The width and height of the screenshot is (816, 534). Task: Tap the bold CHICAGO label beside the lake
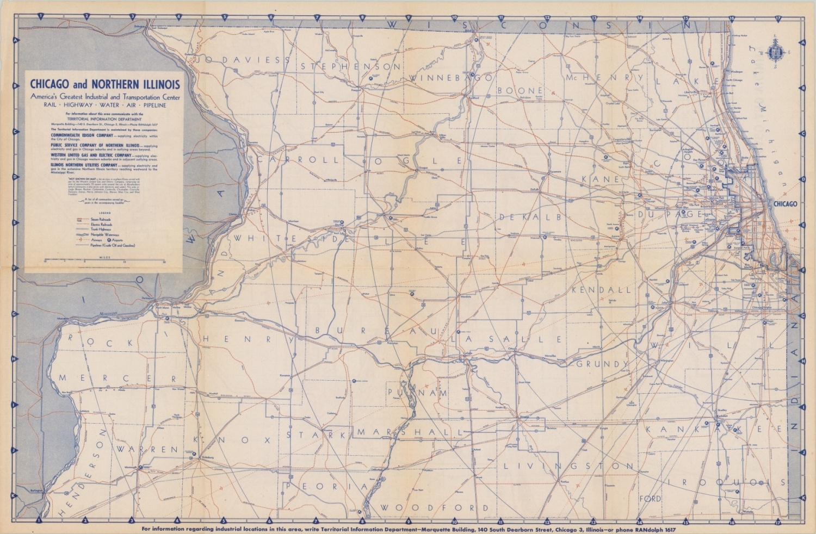point(784,204)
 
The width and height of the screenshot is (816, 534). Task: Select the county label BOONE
point(520,90)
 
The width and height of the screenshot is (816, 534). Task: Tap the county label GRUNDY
point(603,364)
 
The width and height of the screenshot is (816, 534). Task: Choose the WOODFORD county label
point(434,508)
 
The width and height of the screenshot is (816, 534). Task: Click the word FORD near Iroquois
point(650,498)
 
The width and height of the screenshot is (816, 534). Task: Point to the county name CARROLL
point(298,160)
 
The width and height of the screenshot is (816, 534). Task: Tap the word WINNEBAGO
point(451,78)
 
